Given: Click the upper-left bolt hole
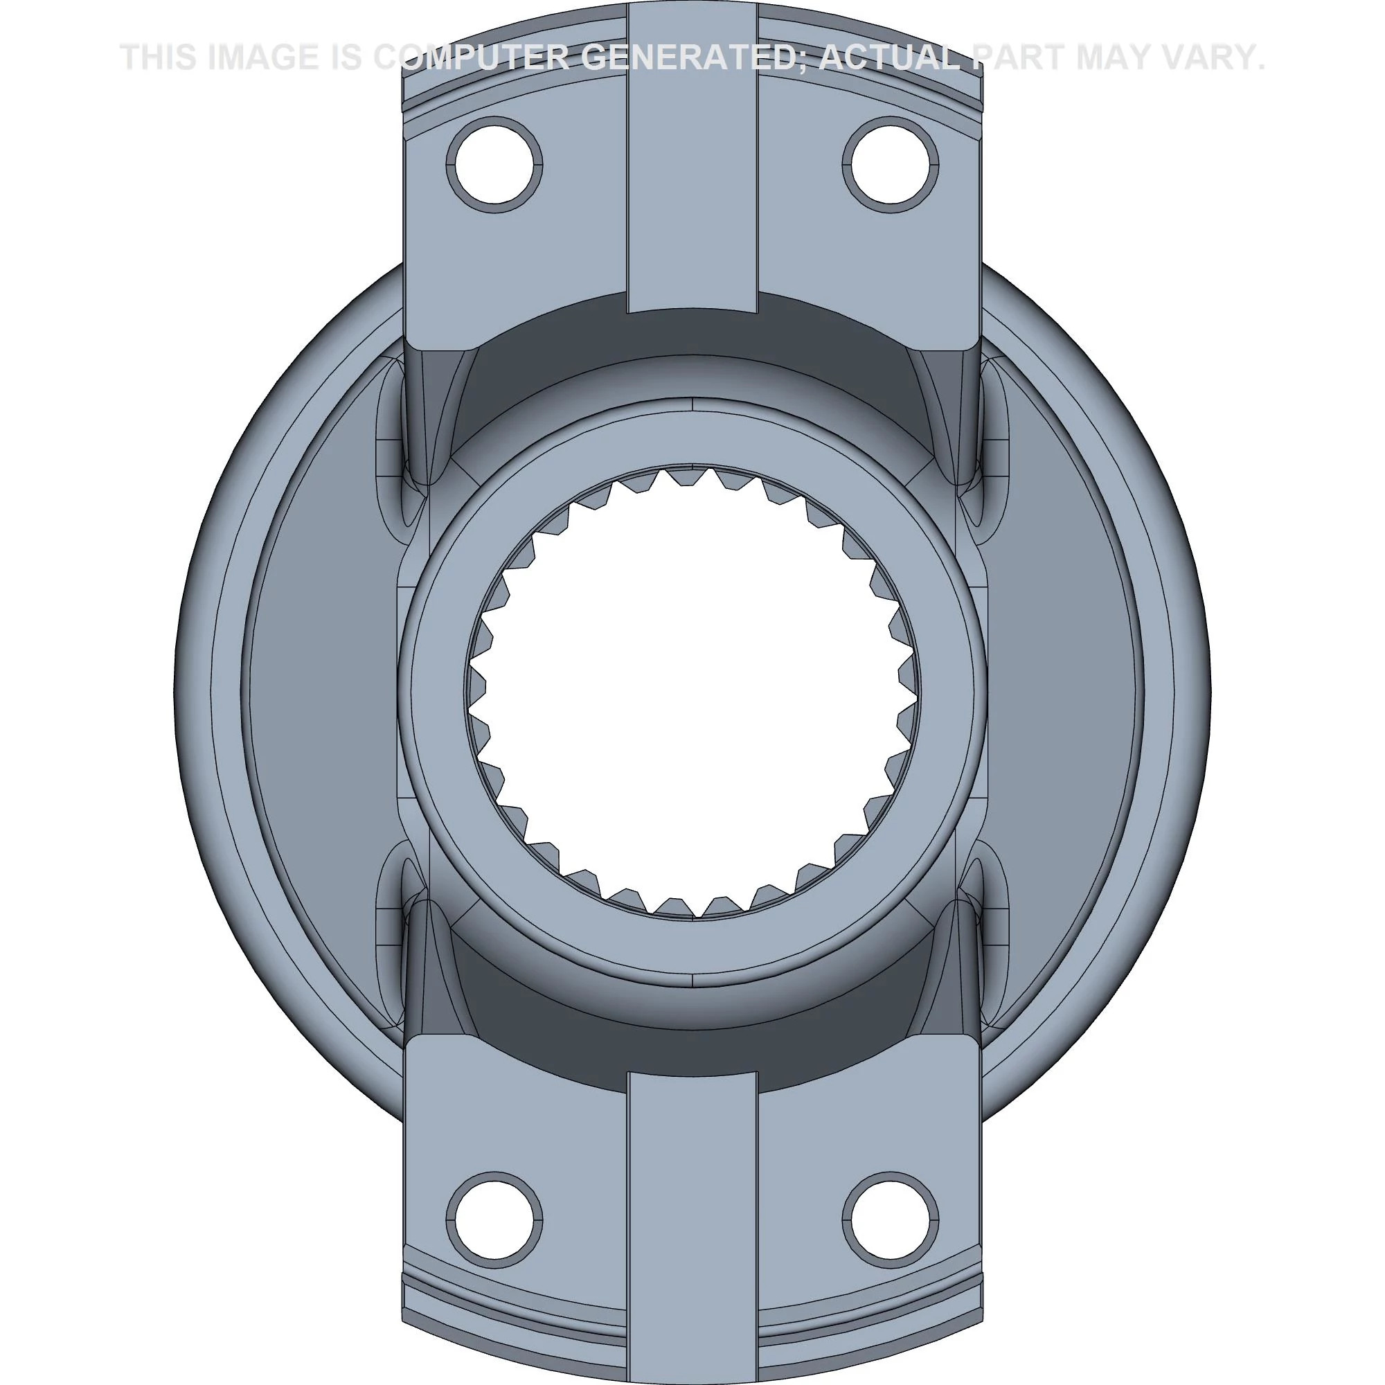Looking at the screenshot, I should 494,166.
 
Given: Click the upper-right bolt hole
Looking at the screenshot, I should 891,166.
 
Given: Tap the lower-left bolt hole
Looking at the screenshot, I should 494,1219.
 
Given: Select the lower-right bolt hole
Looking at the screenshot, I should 891,1219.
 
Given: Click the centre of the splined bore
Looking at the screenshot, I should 692,692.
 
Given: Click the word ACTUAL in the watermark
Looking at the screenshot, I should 889,57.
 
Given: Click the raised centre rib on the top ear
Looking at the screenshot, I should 692,179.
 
